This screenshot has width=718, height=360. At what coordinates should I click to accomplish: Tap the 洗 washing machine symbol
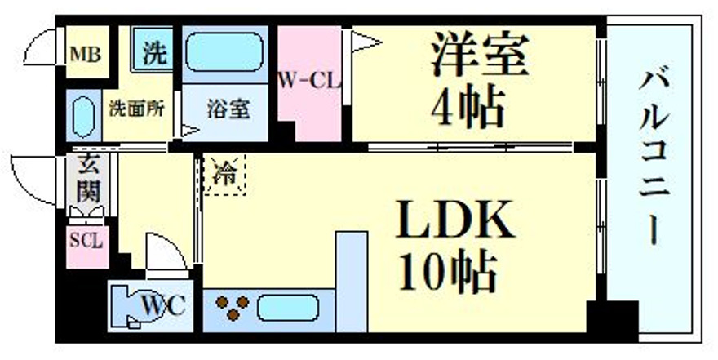click(x=154, y=54)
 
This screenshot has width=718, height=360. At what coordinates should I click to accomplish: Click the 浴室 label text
click(x=228, y=109)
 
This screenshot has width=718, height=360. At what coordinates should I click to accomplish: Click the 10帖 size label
click(x=448, y=273)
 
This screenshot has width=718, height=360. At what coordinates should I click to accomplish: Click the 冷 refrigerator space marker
click(x=224, y=176)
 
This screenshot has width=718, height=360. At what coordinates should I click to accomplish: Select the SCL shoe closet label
click(x=86, y=243)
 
